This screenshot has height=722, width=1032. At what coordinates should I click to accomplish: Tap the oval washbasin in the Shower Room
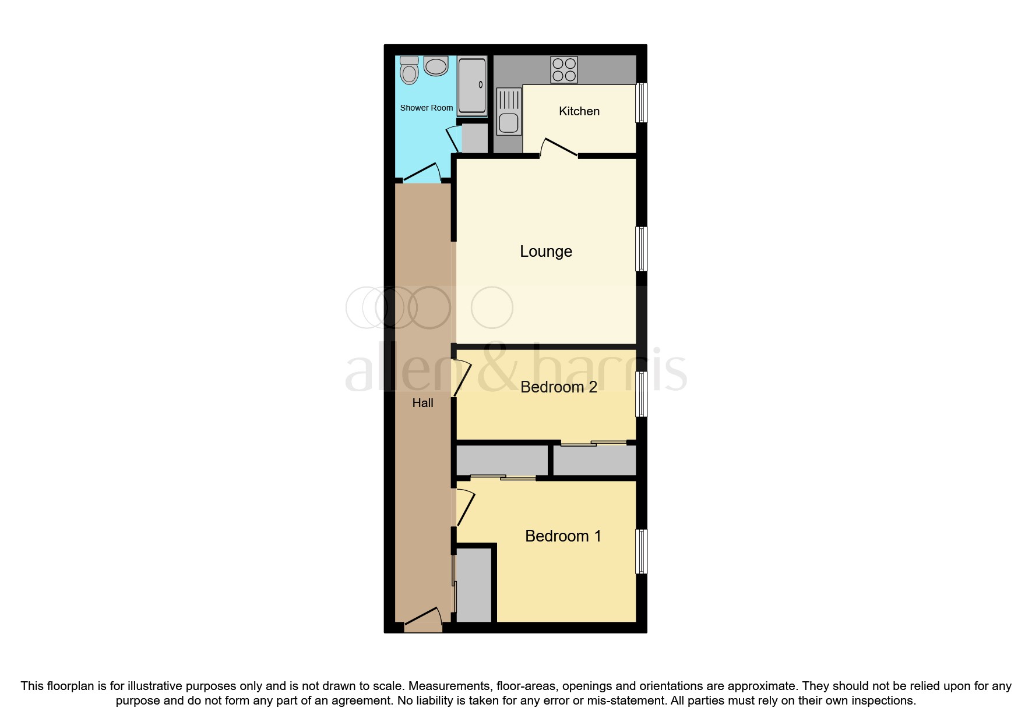436,66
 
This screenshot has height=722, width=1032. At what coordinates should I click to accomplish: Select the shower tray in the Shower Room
471,86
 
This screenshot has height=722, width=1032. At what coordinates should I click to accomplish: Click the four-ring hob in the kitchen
564,70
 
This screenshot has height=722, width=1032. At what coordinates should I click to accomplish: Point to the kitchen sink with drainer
509,111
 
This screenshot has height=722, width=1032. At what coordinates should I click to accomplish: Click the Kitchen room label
579,111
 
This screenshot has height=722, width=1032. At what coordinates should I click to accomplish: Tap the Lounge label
546,252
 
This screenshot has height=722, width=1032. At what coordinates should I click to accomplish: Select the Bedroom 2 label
558,387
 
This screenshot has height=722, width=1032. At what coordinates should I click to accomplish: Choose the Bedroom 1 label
563,536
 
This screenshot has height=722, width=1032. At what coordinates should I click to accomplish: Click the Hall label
422,403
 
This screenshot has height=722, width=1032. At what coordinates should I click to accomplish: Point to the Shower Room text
426,108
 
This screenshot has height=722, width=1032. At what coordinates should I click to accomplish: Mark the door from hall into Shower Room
422,173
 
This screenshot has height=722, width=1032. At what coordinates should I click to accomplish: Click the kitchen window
641,102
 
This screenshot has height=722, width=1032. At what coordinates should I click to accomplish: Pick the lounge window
641,249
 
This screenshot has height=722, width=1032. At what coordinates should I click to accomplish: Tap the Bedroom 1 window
641,551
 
